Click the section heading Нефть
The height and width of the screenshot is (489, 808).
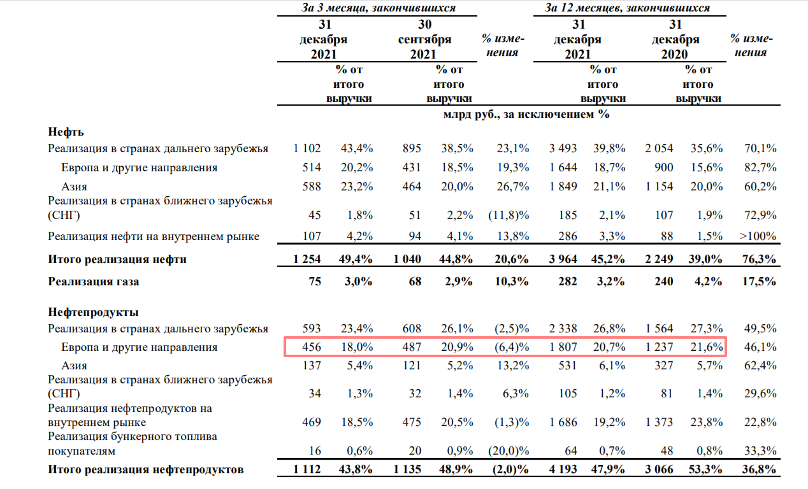coord(66,132)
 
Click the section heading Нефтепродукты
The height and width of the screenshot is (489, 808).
coord(93,312)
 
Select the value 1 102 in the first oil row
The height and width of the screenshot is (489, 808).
coord(307,148)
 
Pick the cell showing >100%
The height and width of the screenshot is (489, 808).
coord(758,236)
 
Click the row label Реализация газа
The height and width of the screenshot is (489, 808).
coord(94,281)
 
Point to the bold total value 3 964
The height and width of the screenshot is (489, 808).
coord(563,259)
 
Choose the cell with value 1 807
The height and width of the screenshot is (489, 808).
coord(563,347)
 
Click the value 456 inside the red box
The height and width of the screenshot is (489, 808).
coord(312,347)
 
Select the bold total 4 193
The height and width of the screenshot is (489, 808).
coord(563,469)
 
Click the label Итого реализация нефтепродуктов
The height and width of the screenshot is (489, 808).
coord(146,469)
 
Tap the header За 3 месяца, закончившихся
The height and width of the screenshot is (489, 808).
coord(379,8)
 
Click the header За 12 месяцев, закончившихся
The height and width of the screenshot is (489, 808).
coord(627,8)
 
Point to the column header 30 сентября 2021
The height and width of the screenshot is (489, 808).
coord(424,39)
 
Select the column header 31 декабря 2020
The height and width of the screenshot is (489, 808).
coord(675,39)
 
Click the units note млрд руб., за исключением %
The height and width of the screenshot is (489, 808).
coord(526,114)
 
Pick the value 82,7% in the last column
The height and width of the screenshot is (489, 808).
coord(760,167)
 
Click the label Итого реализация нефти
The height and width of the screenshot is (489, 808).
coord(117,259)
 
